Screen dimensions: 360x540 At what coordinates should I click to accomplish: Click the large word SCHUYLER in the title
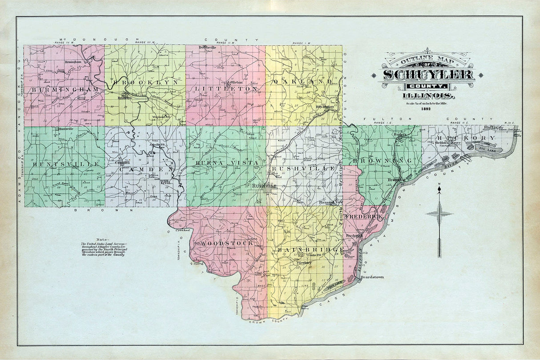[x=428, y=75]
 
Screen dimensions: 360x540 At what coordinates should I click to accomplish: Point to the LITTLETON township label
[x=226, y=89]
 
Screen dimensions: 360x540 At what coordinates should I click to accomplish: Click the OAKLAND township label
[x=302, y=82]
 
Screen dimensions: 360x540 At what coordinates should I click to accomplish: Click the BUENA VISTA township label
[x=226, y=163]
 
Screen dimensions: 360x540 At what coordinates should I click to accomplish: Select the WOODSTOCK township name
[x=226, y=243]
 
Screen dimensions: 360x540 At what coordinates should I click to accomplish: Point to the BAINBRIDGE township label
[x=310, y=250]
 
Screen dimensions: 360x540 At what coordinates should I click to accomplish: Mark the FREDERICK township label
[x=363, y=216]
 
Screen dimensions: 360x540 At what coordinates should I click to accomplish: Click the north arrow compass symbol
[x=439, y=214]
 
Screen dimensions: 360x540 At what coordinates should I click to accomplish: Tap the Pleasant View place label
[x=331, y=202]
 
